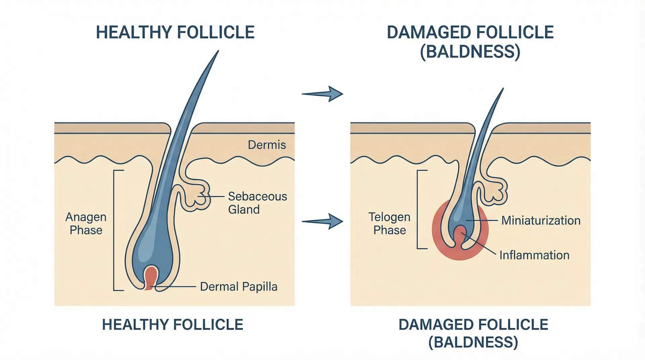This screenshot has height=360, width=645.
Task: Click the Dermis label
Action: click(x=267, y=145)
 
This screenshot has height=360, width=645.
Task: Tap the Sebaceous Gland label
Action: click(x=257, y=203)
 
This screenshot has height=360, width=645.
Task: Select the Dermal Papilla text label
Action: click(x=239, y=286)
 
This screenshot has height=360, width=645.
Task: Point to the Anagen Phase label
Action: click(x=86, y=224)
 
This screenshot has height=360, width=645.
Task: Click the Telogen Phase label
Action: click(x=389, y=224)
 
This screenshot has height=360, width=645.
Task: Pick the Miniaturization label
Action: click(x=541, y=221)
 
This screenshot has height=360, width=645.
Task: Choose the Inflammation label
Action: click(x=534, y=255)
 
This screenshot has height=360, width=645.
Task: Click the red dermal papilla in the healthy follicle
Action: click(x=151, y=277)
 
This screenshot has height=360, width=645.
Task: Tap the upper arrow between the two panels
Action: click(x=322, y=94)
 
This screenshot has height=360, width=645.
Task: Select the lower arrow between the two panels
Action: click(x=322, y=221)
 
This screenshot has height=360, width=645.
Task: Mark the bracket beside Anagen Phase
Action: click(x=115, y=230)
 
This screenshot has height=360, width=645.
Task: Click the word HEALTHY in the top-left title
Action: click(x=134, y=33)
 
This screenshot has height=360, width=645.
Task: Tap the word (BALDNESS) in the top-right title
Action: click(x=470, y=52)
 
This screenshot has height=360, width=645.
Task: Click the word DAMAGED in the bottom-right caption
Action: click(x=436, y=325)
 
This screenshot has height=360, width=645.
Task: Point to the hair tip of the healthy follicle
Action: click(x=218, y=52)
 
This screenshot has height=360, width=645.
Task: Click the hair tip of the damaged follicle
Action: click(x=503, y=90)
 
